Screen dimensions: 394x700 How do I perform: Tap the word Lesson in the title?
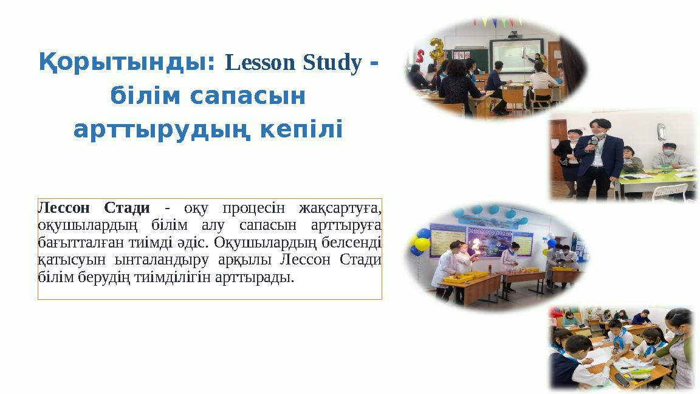pyautogui.click(x=252, y=63)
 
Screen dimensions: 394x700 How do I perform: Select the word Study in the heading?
pyautogui.click(x=329, y=63)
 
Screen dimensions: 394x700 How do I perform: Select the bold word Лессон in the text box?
pyautogui.click(x=63, y=208)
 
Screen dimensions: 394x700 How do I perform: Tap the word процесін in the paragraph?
pyautogui.click(x=253, y=208)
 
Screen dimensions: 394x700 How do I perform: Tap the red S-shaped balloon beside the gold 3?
pyautogui.click(x=420, y=58)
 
